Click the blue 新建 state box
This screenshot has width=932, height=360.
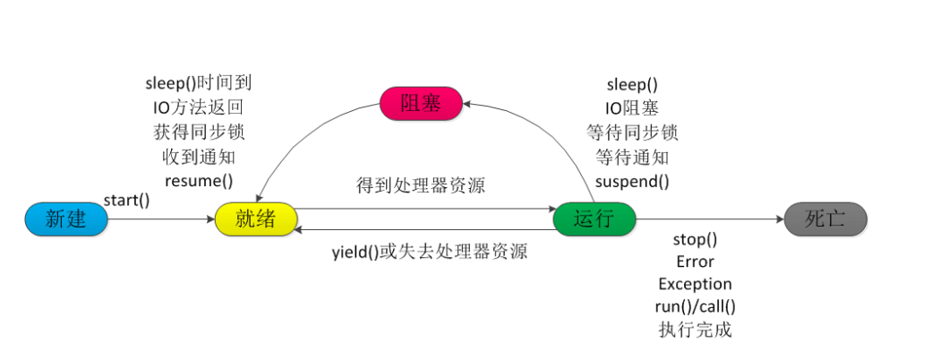point(65,219)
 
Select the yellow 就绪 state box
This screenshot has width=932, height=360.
point(256,219)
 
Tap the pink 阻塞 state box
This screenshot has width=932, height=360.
point(421,104)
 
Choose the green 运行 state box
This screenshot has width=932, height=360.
point(594,219)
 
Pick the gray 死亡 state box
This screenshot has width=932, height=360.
point(825,219)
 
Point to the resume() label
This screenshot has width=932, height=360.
point(199,180)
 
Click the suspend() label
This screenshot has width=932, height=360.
point(632,180)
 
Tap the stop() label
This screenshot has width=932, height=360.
point(695,240)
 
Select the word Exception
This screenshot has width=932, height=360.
point(695,284)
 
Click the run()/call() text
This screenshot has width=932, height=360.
point(695,306)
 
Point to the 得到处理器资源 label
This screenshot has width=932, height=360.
point(422,187)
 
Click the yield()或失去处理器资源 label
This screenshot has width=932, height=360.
point(429,252)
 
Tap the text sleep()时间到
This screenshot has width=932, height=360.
point(199,84)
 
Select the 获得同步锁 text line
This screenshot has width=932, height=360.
point(199,132)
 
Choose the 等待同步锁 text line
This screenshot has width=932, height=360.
point(632,133)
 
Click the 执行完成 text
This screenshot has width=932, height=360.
point(695,330)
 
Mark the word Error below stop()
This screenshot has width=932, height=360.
point(695,262)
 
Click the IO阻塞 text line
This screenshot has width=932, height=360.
point(632,108)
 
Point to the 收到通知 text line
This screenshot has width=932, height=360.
point(199,156)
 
